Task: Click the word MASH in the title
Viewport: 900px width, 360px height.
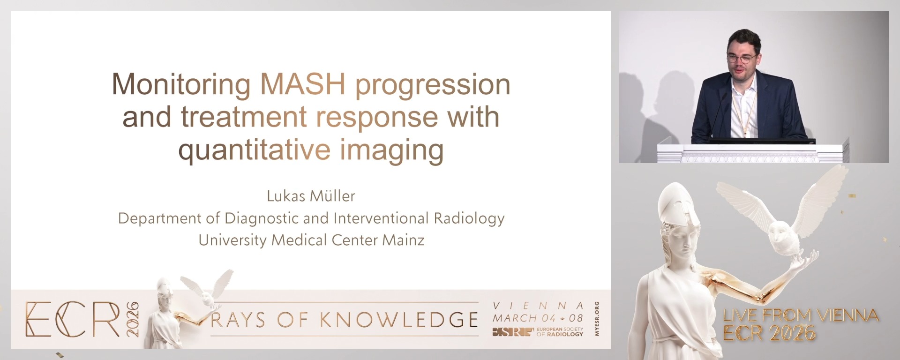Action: tap(302, 84)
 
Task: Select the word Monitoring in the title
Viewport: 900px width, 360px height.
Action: tap(181, 85)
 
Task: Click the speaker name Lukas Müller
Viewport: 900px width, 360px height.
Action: tap(311, 196)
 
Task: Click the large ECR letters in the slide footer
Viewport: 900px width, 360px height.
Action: tap(73, 320)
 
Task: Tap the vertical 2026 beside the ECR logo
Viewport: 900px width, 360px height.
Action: tap(133, 319)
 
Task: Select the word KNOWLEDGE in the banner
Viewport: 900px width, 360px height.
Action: tap(399, 320)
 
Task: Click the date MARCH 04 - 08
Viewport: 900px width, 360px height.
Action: tap(537, 318)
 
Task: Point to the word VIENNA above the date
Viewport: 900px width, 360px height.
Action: tap(538, 306)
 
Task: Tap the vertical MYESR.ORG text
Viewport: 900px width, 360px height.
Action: tap(596, 319)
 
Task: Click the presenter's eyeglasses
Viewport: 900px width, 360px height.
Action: tap(741, 59)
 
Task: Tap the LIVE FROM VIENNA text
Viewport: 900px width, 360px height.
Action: tap(801, 315)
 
